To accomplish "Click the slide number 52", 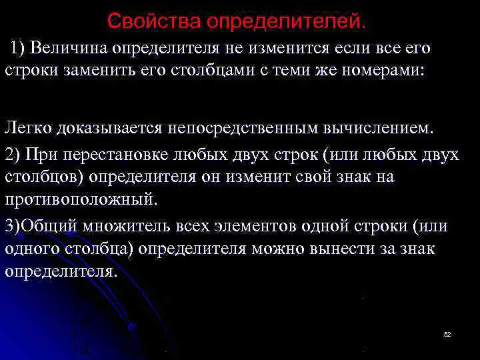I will pos(447,333).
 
